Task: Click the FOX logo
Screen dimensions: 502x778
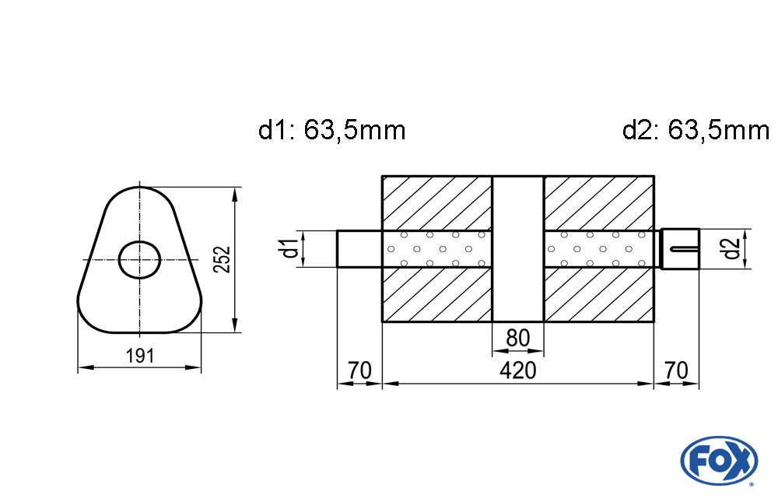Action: tap(719, 459)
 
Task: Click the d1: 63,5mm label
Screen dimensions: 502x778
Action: tap(332, 130)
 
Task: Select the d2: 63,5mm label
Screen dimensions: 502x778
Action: tap(696, 130)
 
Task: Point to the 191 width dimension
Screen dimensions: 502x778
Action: tap(139, 356)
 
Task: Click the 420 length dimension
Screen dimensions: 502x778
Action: tap(517, 370)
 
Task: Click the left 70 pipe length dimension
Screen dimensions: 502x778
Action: tap(359, 370)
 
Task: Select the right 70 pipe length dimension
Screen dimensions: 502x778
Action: tap(676, 370)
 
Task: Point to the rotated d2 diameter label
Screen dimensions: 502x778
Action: tap(729, 249)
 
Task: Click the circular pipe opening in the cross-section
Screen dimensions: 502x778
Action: tap(139, 258)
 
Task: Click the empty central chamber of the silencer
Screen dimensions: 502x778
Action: tap(518, 249)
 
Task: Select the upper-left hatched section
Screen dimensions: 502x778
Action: tap(436, 202)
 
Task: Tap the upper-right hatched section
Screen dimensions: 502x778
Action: tap(598, 202)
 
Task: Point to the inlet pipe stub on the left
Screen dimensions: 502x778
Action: tap(359, 249)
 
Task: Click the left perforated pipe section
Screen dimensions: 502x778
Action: tap(436, 249)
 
